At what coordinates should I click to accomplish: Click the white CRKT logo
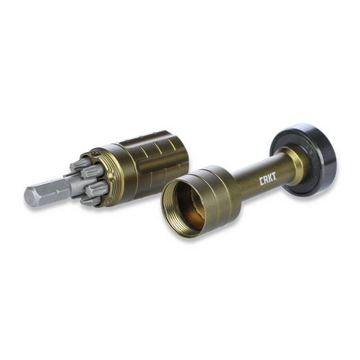[268, 181]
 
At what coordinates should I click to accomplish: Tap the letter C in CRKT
[261, 182]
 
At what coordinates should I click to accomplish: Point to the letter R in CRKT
[266, 181]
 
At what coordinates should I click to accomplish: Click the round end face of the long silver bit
[29, 197]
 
